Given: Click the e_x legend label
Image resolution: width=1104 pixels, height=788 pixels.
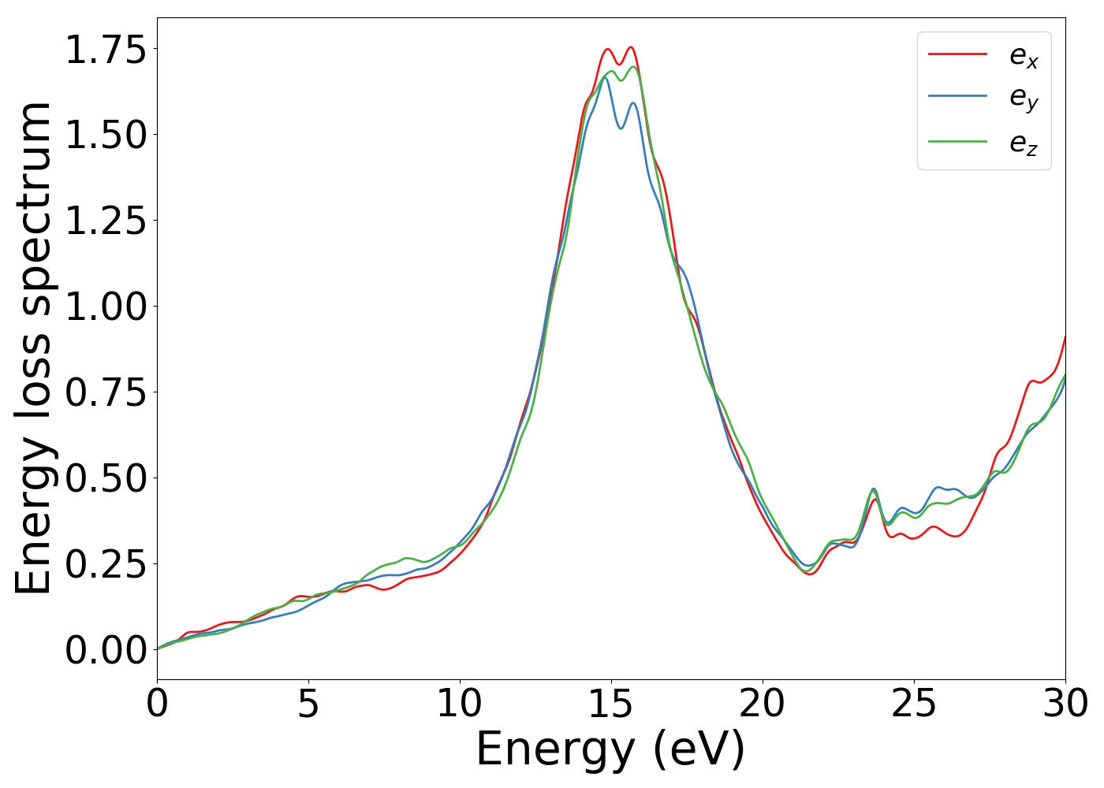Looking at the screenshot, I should [x=1024, y=56].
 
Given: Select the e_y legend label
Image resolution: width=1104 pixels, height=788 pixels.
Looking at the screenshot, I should [x=1024, y=98].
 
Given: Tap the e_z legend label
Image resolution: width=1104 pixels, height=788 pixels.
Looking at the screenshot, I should [x=1024, y=143].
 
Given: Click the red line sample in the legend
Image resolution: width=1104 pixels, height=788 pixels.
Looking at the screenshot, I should [x=957, y=54].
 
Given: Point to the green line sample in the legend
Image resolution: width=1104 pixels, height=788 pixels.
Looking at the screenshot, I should [x=957, y=142].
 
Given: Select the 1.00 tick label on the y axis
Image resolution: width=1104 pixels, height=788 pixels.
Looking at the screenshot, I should [x=106, y=307].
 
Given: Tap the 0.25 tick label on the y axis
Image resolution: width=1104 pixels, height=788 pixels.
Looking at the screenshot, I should [x=106, y=564].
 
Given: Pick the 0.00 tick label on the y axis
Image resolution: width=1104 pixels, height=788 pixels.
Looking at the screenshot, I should [x=106, y=651].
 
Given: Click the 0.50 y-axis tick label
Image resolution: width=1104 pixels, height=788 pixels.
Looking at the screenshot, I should [x=106, y=478].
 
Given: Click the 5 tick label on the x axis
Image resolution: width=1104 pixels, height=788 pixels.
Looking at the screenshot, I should [x=308, y=704].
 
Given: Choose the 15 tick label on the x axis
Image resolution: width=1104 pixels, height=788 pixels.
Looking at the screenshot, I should [x=611, y=704].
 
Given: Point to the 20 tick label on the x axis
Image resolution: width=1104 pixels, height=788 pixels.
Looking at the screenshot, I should [x=763, y=704].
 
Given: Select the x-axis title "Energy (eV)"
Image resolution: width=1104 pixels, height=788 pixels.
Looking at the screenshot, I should [x=610, y=749].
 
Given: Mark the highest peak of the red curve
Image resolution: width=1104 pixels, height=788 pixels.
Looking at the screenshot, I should [x=631, y=47].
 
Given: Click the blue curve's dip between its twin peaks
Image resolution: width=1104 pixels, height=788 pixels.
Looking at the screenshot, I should [x=621, y=128].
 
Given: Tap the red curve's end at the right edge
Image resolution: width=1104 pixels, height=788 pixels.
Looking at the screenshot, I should [x=1065, y=336].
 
